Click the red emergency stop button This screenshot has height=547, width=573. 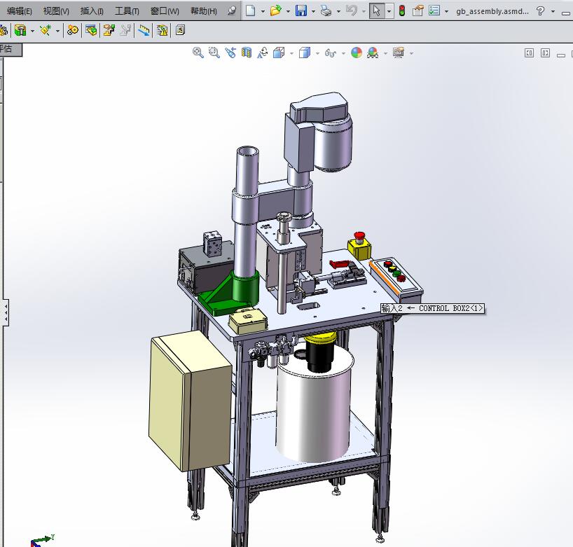click(x=360, y=235)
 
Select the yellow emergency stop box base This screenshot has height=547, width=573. click(x=359, y=248)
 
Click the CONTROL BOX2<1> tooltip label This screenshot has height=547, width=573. click(x=432, y=308)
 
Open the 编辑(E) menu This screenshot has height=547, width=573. click(x=20, y=11)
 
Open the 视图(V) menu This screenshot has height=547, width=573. click(x=56, y=11)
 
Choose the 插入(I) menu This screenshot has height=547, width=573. click(x=92, y=11)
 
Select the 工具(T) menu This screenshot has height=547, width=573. click(x=127, y=11)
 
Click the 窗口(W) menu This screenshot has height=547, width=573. click(x=165, y=11)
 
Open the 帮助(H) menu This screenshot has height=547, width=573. click(x=203, y=11)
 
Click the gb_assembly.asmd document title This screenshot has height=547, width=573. click(x=492, y=11)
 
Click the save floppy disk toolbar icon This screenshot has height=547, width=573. click(x=301, y=11)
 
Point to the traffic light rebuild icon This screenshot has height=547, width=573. click(x=401, y=11)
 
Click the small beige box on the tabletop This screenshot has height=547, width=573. click(x=247, y=320)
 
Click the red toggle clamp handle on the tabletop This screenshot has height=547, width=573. click(x=340, y=263)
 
